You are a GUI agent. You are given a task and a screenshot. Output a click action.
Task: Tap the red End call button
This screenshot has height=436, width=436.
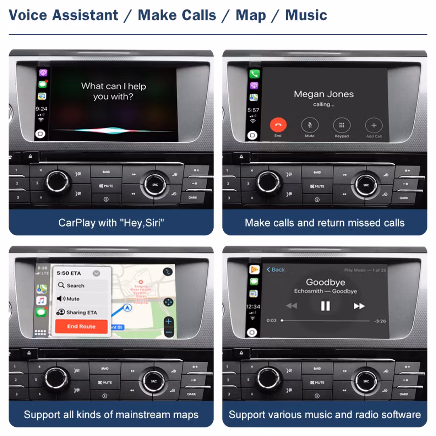278,125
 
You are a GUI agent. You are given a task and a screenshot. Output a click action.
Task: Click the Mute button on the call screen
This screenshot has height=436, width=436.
310,125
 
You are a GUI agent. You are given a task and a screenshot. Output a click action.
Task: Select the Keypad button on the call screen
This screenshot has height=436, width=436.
342,125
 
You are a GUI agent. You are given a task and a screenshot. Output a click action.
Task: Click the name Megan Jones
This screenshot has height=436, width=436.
324,94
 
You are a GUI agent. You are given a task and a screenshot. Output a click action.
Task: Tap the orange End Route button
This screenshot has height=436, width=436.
81,327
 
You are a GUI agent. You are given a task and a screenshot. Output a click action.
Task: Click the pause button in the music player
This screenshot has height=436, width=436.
325,306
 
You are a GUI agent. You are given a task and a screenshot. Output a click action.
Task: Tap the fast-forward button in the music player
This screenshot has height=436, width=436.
359,306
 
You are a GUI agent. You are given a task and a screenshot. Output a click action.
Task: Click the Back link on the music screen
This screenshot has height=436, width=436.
276,270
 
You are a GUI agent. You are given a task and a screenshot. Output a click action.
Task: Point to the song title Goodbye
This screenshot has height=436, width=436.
325,282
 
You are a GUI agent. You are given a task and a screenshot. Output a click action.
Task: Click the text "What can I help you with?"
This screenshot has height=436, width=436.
113,91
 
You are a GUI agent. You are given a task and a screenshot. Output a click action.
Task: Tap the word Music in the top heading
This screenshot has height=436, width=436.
306,15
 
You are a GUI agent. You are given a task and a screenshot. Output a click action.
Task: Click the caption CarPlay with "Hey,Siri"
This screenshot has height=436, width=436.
111,222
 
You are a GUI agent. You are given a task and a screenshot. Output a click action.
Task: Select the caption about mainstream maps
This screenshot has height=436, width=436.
111,415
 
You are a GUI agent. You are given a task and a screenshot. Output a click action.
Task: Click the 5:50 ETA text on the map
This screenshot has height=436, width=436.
69,273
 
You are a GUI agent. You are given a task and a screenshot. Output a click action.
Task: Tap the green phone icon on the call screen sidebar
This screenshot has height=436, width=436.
254,74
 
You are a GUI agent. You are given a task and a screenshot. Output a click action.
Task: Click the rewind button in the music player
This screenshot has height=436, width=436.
291,306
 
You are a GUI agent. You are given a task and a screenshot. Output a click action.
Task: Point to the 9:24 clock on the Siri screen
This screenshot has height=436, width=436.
41,109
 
